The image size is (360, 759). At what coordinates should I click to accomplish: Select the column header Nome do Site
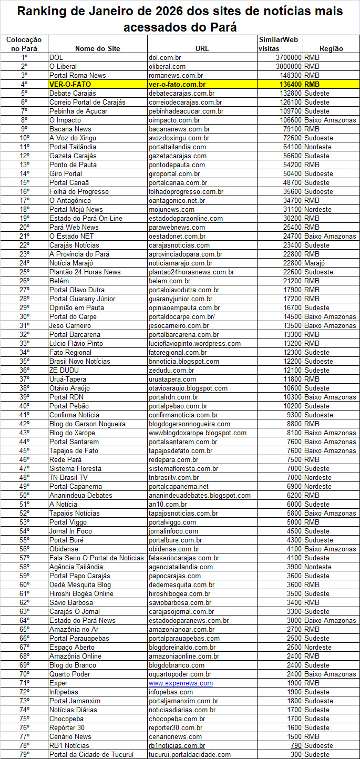point(97,48)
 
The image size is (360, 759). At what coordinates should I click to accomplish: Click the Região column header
point(331,48)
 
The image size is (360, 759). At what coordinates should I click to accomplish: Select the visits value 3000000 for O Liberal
point(289,66)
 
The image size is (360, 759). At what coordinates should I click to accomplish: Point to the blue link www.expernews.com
point(181,683)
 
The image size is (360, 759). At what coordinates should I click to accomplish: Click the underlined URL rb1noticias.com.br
point(177,745)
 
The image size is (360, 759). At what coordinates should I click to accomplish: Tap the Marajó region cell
point(315,263)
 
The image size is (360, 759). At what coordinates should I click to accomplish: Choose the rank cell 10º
point(24,138)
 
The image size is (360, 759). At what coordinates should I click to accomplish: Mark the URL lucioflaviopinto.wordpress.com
point(194,343)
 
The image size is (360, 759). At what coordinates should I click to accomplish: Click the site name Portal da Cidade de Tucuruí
point(91,754)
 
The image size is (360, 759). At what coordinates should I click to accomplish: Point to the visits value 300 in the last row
point(296,754)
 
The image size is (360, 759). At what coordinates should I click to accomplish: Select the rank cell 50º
point(24,495)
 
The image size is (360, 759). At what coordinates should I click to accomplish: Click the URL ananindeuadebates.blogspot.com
point(200,495)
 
